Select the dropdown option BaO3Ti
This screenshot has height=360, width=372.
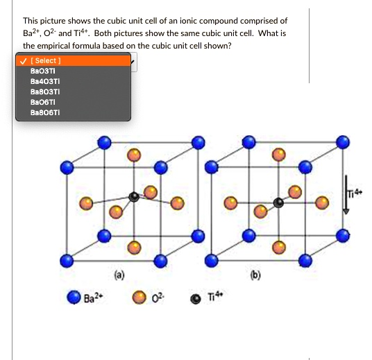pos(42,71)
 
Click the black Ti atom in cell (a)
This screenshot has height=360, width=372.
pos(133,197)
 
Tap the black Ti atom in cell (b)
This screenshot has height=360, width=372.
pos(278,203)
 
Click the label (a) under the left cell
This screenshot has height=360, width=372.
pos(120,274)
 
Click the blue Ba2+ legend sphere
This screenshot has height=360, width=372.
pos(74,297)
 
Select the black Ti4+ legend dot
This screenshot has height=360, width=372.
pos(195,298)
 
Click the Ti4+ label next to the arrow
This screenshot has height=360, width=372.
pos(353,192)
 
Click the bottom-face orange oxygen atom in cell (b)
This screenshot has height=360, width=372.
pos(279,246)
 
